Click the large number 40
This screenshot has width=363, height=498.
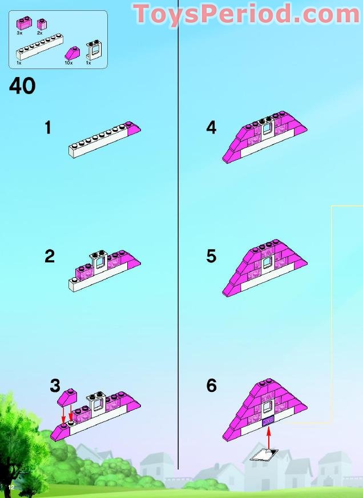click(22, 86)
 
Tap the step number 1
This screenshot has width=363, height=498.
click(48, 128)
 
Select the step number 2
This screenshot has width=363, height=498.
click(50, 256)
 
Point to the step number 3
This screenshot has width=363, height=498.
click(55, 386)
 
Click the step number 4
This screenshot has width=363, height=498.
click(211, 128)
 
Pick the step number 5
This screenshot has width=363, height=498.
click(211, 256)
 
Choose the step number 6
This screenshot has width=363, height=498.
click(211, 386)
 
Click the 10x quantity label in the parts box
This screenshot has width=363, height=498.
click(68, 62)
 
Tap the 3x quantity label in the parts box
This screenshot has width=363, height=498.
click(19, 33)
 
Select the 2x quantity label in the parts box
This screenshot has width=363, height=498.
click(39, 33)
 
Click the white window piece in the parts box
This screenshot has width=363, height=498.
click(91, 51)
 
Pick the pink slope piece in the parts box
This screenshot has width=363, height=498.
click(74, 53)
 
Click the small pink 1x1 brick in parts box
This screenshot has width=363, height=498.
click(42, 24)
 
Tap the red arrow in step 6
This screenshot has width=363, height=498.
click(268, 436)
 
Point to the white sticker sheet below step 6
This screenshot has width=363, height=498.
click(264, 455)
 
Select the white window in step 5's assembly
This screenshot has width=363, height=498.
click(267, 263)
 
